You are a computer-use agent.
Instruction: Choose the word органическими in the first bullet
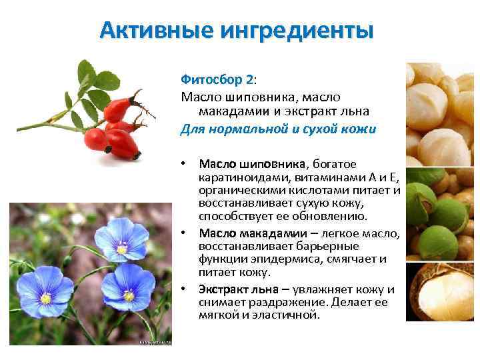pos(239,190)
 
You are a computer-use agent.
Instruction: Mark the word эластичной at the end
pos(287,315)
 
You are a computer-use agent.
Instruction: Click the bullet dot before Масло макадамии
pos(183,234)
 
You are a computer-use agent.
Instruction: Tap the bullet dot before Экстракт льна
pos(183,289)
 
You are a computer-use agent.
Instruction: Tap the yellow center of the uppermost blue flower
pos(121,249)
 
